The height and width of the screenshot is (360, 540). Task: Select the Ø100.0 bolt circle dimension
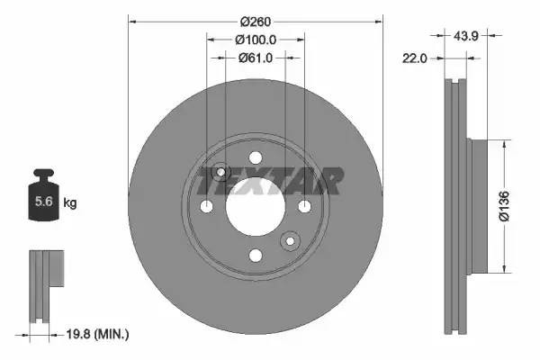click(x=255, y=40)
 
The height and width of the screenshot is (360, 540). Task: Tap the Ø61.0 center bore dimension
click(x=255, y=58)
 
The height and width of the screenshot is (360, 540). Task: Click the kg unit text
click(x=70, y=203)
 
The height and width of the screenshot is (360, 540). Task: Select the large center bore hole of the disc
click(x=256, y=207)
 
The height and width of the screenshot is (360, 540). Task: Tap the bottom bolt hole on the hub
click(x=256, y=256)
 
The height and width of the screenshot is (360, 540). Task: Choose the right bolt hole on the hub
click(x=304, y=208)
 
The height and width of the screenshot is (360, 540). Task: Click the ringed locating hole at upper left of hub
click(x=220, y=173)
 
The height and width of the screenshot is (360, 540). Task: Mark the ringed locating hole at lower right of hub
click(x=290, y=241)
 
